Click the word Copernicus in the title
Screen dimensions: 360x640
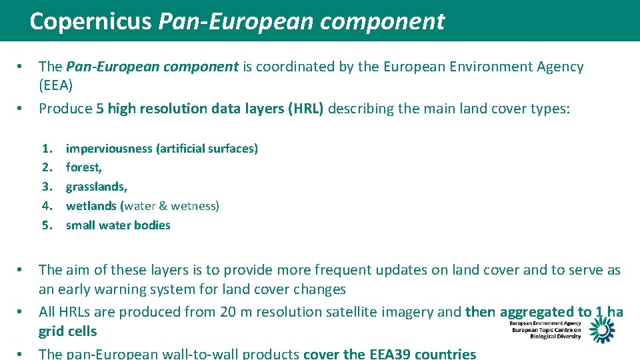pyautogui.click(x=91, y=21)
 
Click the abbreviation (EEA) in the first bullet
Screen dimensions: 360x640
pyautogui.click(x=56, y=86)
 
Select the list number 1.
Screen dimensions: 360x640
pyautogui.click(x=47, y=149)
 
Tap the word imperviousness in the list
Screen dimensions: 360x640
pyautogui.click(x=109, y=149)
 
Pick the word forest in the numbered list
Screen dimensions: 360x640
pyautogui.click(x=83, y=168)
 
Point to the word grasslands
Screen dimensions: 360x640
pyautogui.click(x=95, y=187)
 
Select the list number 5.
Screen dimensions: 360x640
pyautogui.click(x=47, y=225)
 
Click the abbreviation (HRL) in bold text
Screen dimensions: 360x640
pyautogui.click(x=306, y=109)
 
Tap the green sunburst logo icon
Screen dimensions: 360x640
pyautogui.click(x=601, y=329)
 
